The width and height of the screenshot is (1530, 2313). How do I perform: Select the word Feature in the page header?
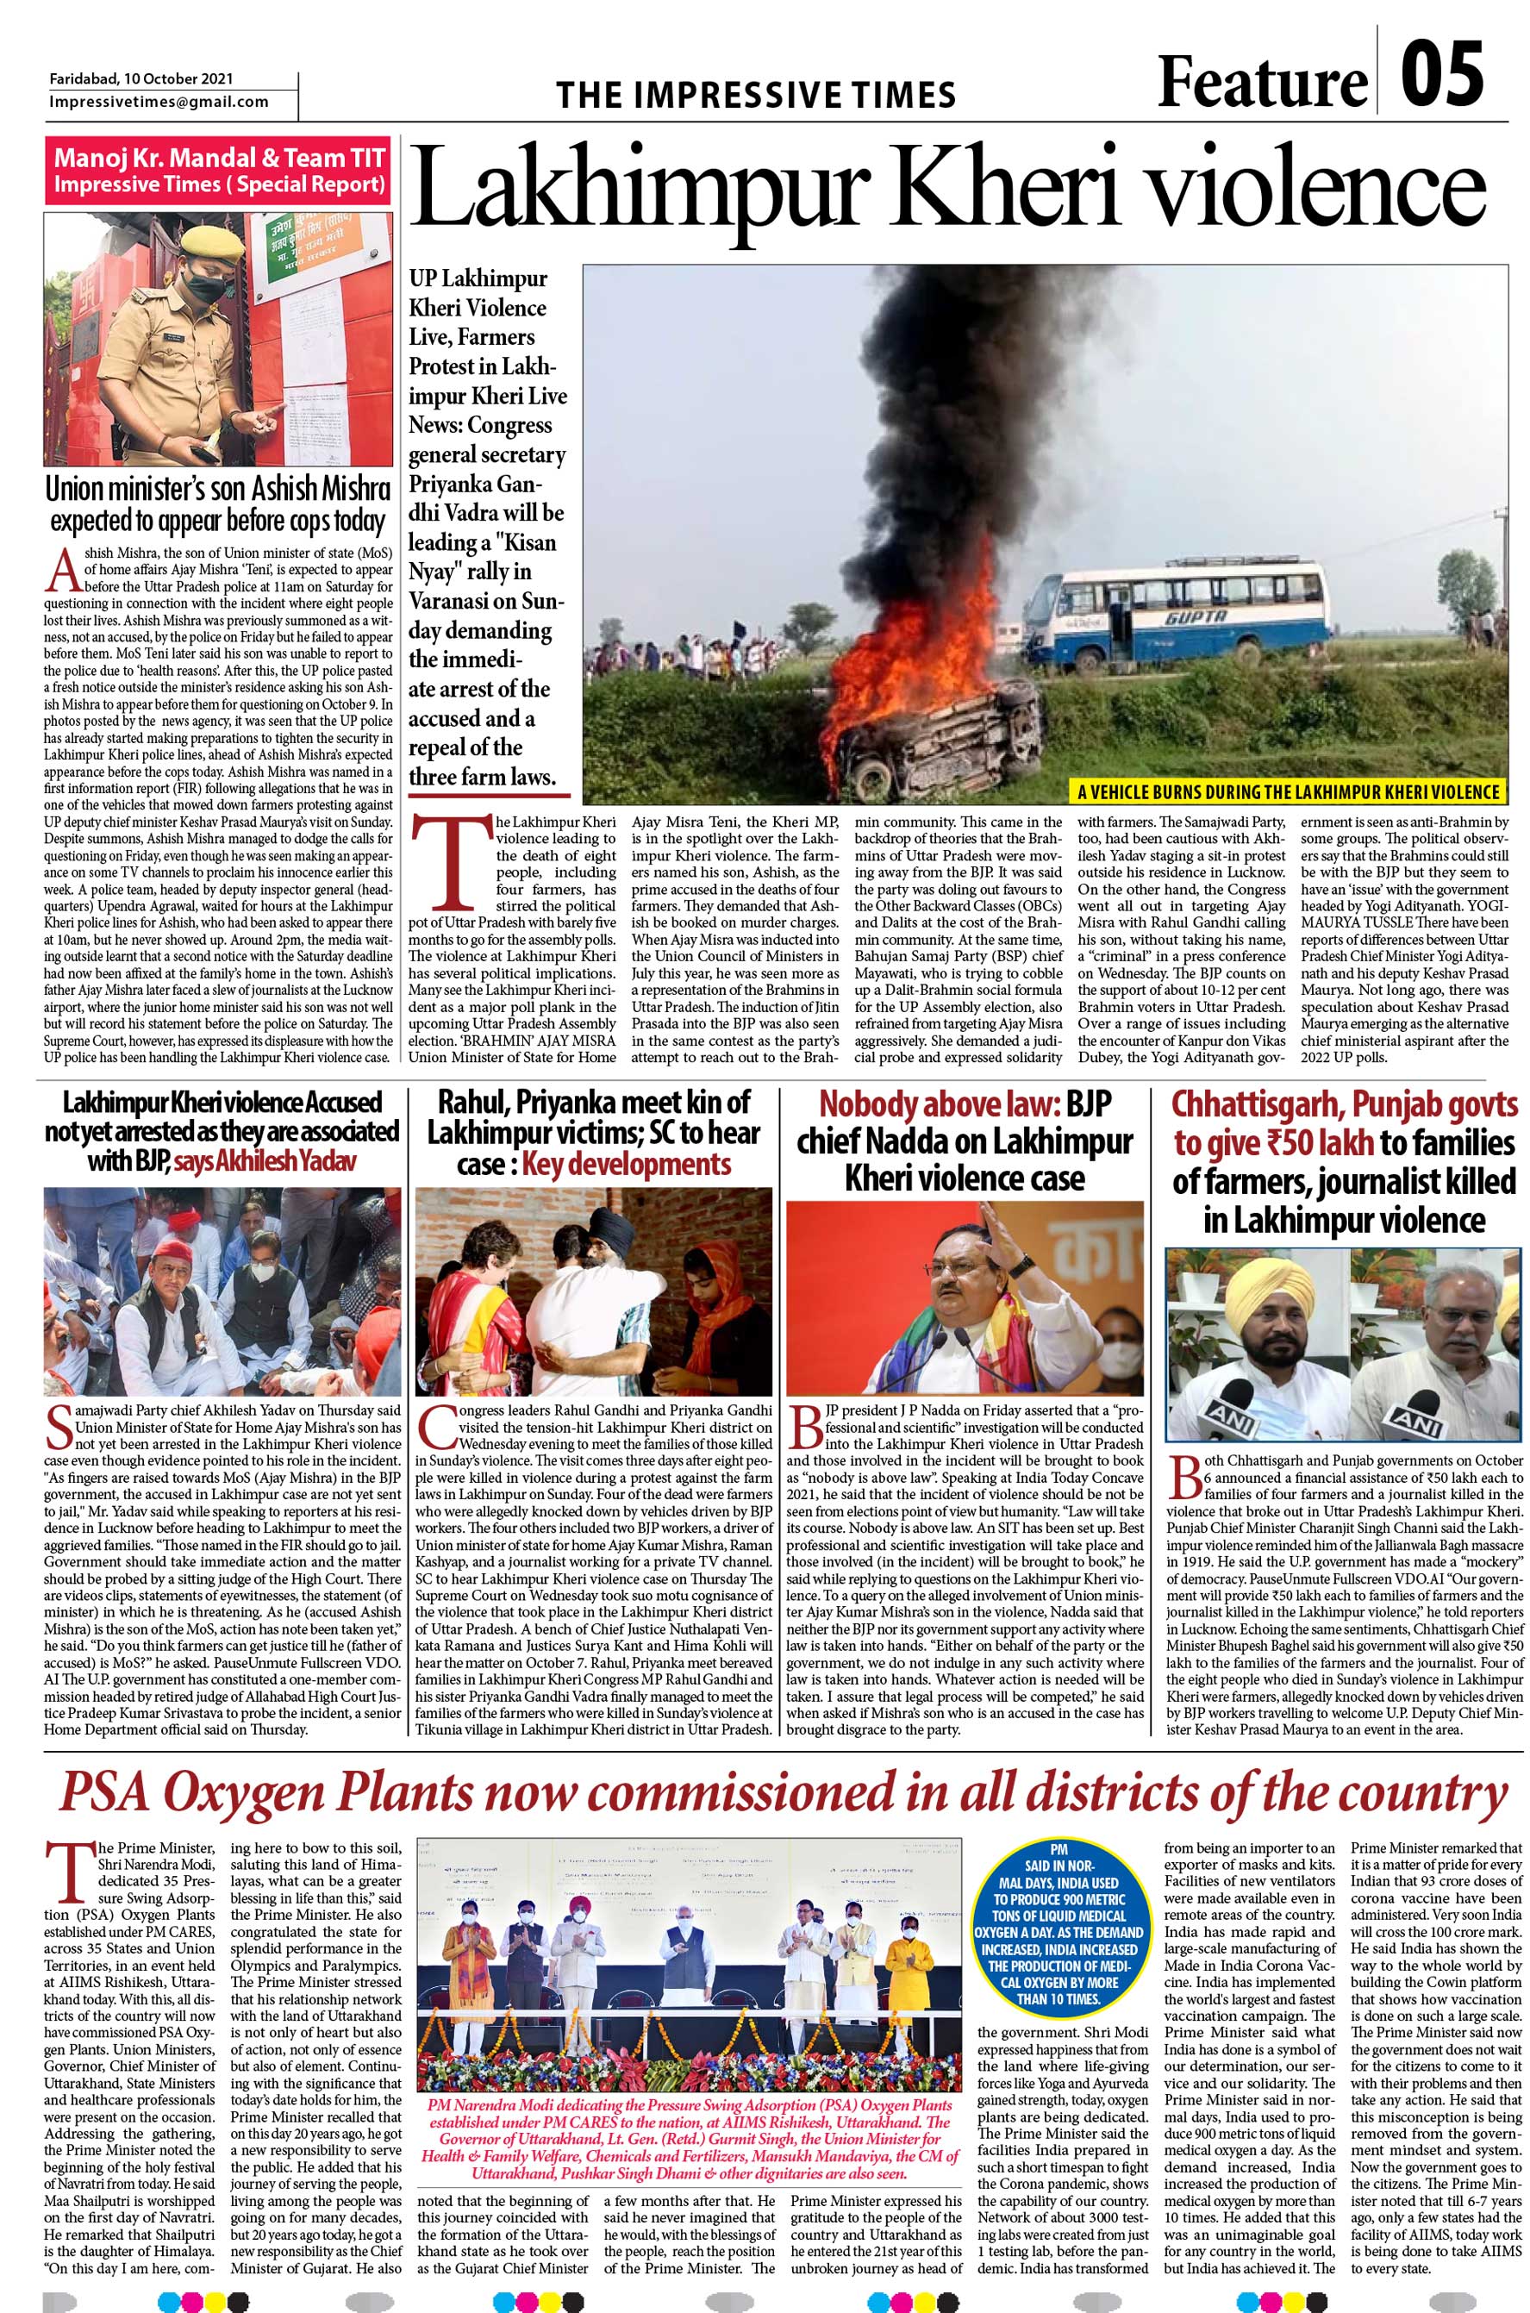[x=1263, y=82]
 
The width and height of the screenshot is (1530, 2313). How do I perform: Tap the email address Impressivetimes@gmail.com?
[x=159, y=102]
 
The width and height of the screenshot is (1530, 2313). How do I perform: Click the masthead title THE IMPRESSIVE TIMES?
[x=755, y=95]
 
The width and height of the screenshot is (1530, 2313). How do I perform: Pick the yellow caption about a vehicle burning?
[x=1288, y=791]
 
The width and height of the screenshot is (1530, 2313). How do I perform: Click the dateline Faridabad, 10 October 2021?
[x=141, y=79]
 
